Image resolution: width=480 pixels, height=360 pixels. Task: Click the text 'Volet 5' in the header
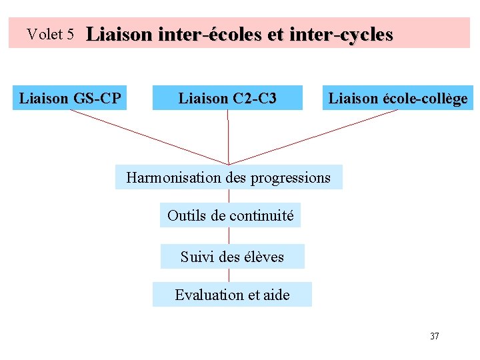pos(50,34)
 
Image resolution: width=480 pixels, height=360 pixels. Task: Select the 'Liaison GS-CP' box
pos(70,99)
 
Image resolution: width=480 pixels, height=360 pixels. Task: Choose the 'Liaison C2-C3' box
pos(227,99)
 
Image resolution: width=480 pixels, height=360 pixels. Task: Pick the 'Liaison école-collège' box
pos(397,99)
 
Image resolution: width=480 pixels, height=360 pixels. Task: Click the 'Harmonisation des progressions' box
pos(229,177)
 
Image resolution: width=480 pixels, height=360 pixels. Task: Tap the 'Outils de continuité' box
pos(230,215)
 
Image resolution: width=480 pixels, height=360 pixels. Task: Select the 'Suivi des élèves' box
pos(232,257)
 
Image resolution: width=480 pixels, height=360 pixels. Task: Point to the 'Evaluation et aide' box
pos(232,295)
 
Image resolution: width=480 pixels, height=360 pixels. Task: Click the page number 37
pos(434,336)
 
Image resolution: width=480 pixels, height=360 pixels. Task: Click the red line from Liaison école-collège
pos(313,137)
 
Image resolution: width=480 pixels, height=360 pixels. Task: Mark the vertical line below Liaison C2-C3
pos(228,137)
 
